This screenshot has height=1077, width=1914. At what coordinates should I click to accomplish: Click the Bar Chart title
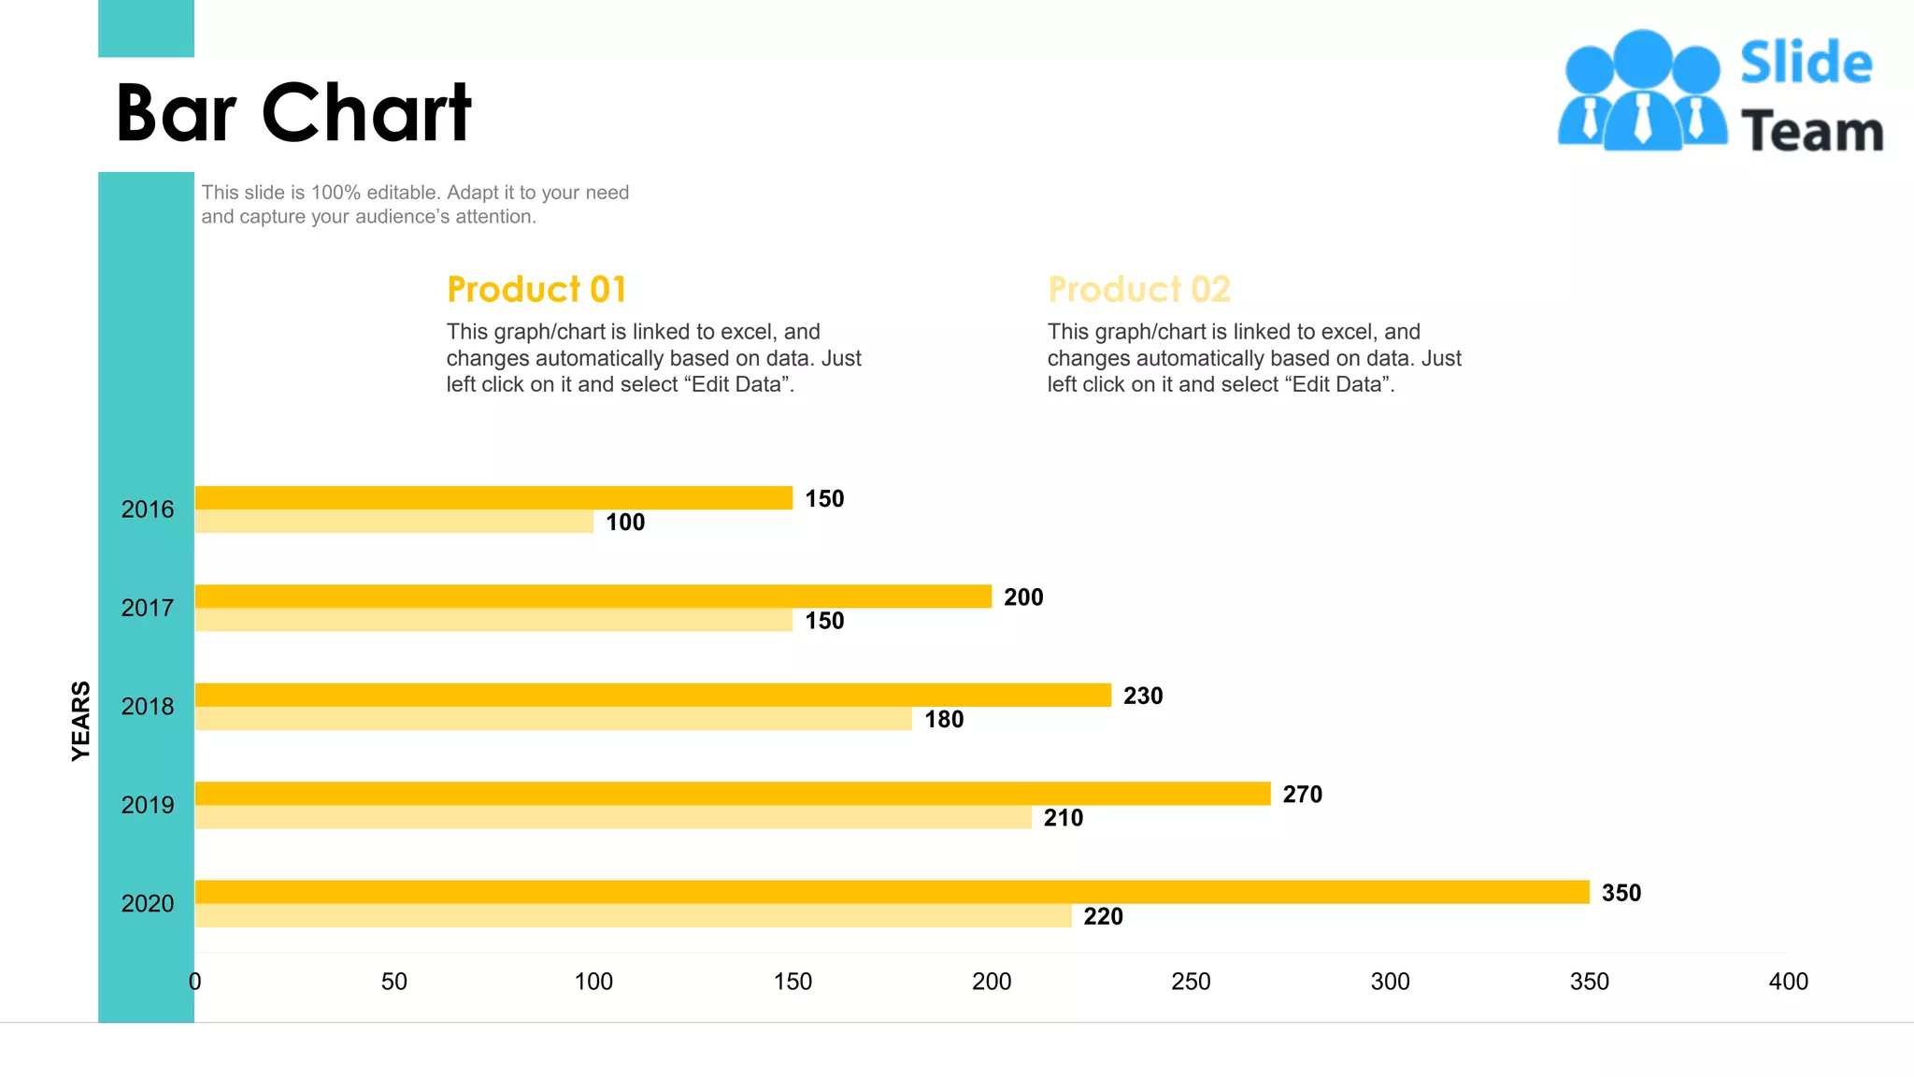[293, 113]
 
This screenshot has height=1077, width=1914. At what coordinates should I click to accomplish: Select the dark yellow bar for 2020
[892, 892]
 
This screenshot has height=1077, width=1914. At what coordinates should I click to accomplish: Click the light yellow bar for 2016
[393, 522]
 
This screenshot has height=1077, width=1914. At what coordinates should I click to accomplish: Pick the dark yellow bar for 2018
[652, 695]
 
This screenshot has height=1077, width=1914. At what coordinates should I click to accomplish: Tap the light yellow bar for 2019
[612, 817]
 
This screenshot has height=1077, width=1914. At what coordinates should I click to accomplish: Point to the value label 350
[1621, 893]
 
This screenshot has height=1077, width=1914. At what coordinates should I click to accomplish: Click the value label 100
[625, 523]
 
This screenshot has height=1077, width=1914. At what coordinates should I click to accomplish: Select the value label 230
[1143, 696]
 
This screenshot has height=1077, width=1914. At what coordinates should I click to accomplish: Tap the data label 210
[1063, 818]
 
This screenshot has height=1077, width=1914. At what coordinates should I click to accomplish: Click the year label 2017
[148, 608]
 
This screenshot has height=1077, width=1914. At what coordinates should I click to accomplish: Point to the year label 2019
[148, 805]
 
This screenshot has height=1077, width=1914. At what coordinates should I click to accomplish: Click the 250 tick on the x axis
[1191, 982]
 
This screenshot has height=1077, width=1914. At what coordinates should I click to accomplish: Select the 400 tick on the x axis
[1788, 982]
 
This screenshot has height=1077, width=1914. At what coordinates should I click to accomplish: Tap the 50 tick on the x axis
[394, 982]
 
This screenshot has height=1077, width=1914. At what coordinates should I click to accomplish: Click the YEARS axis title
[81, 720]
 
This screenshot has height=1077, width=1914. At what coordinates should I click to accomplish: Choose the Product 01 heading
[536, 290]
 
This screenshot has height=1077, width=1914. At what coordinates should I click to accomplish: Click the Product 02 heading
[1138, 290]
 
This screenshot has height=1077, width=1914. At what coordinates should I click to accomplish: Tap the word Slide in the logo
[1806, 64]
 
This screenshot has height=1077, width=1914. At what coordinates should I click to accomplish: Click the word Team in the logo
[1811, 132]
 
